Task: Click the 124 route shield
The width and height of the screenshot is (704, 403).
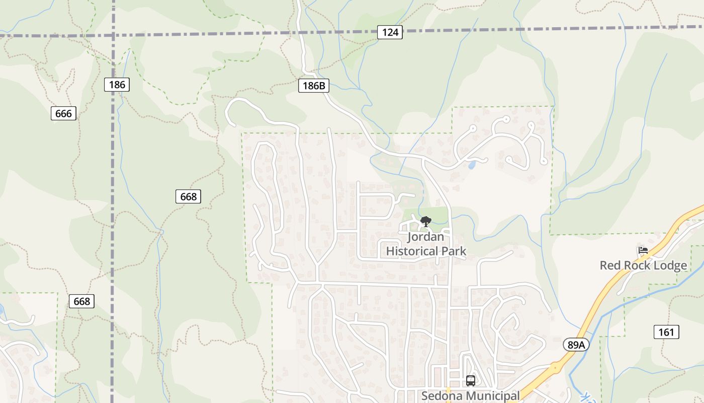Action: [x=390, y=33]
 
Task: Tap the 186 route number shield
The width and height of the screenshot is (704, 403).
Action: [x=117, y=85]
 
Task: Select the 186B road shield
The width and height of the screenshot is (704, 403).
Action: [x=314, y=86]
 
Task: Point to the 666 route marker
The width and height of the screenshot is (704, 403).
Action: [x=63, y=113]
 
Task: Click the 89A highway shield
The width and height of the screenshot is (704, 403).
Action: [x=576, y=345]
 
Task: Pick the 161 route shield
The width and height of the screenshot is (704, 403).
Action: [x=666, y=332]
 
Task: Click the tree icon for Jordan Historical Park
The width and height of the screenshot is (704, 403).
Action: [x=426, y=221]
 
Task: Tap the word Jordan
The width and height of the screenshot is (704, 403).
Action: [x=426, y=236]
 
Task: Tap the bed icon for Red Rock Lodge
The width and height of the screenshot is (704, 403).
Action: [x=643, y=250]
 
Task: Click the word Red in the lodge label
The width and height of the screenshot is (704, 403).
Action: [x=610, y=265]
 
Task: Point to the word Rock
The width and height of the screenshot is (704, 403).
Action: [x=635, y=265]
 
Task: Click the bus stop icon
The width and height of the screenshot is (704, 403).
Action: [x=471, y=380]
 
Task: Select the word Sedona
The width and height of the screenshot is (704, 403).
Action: [x=441, y=396]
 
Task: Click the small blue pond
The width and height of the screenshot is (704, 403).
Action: [x=472, y=165]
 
